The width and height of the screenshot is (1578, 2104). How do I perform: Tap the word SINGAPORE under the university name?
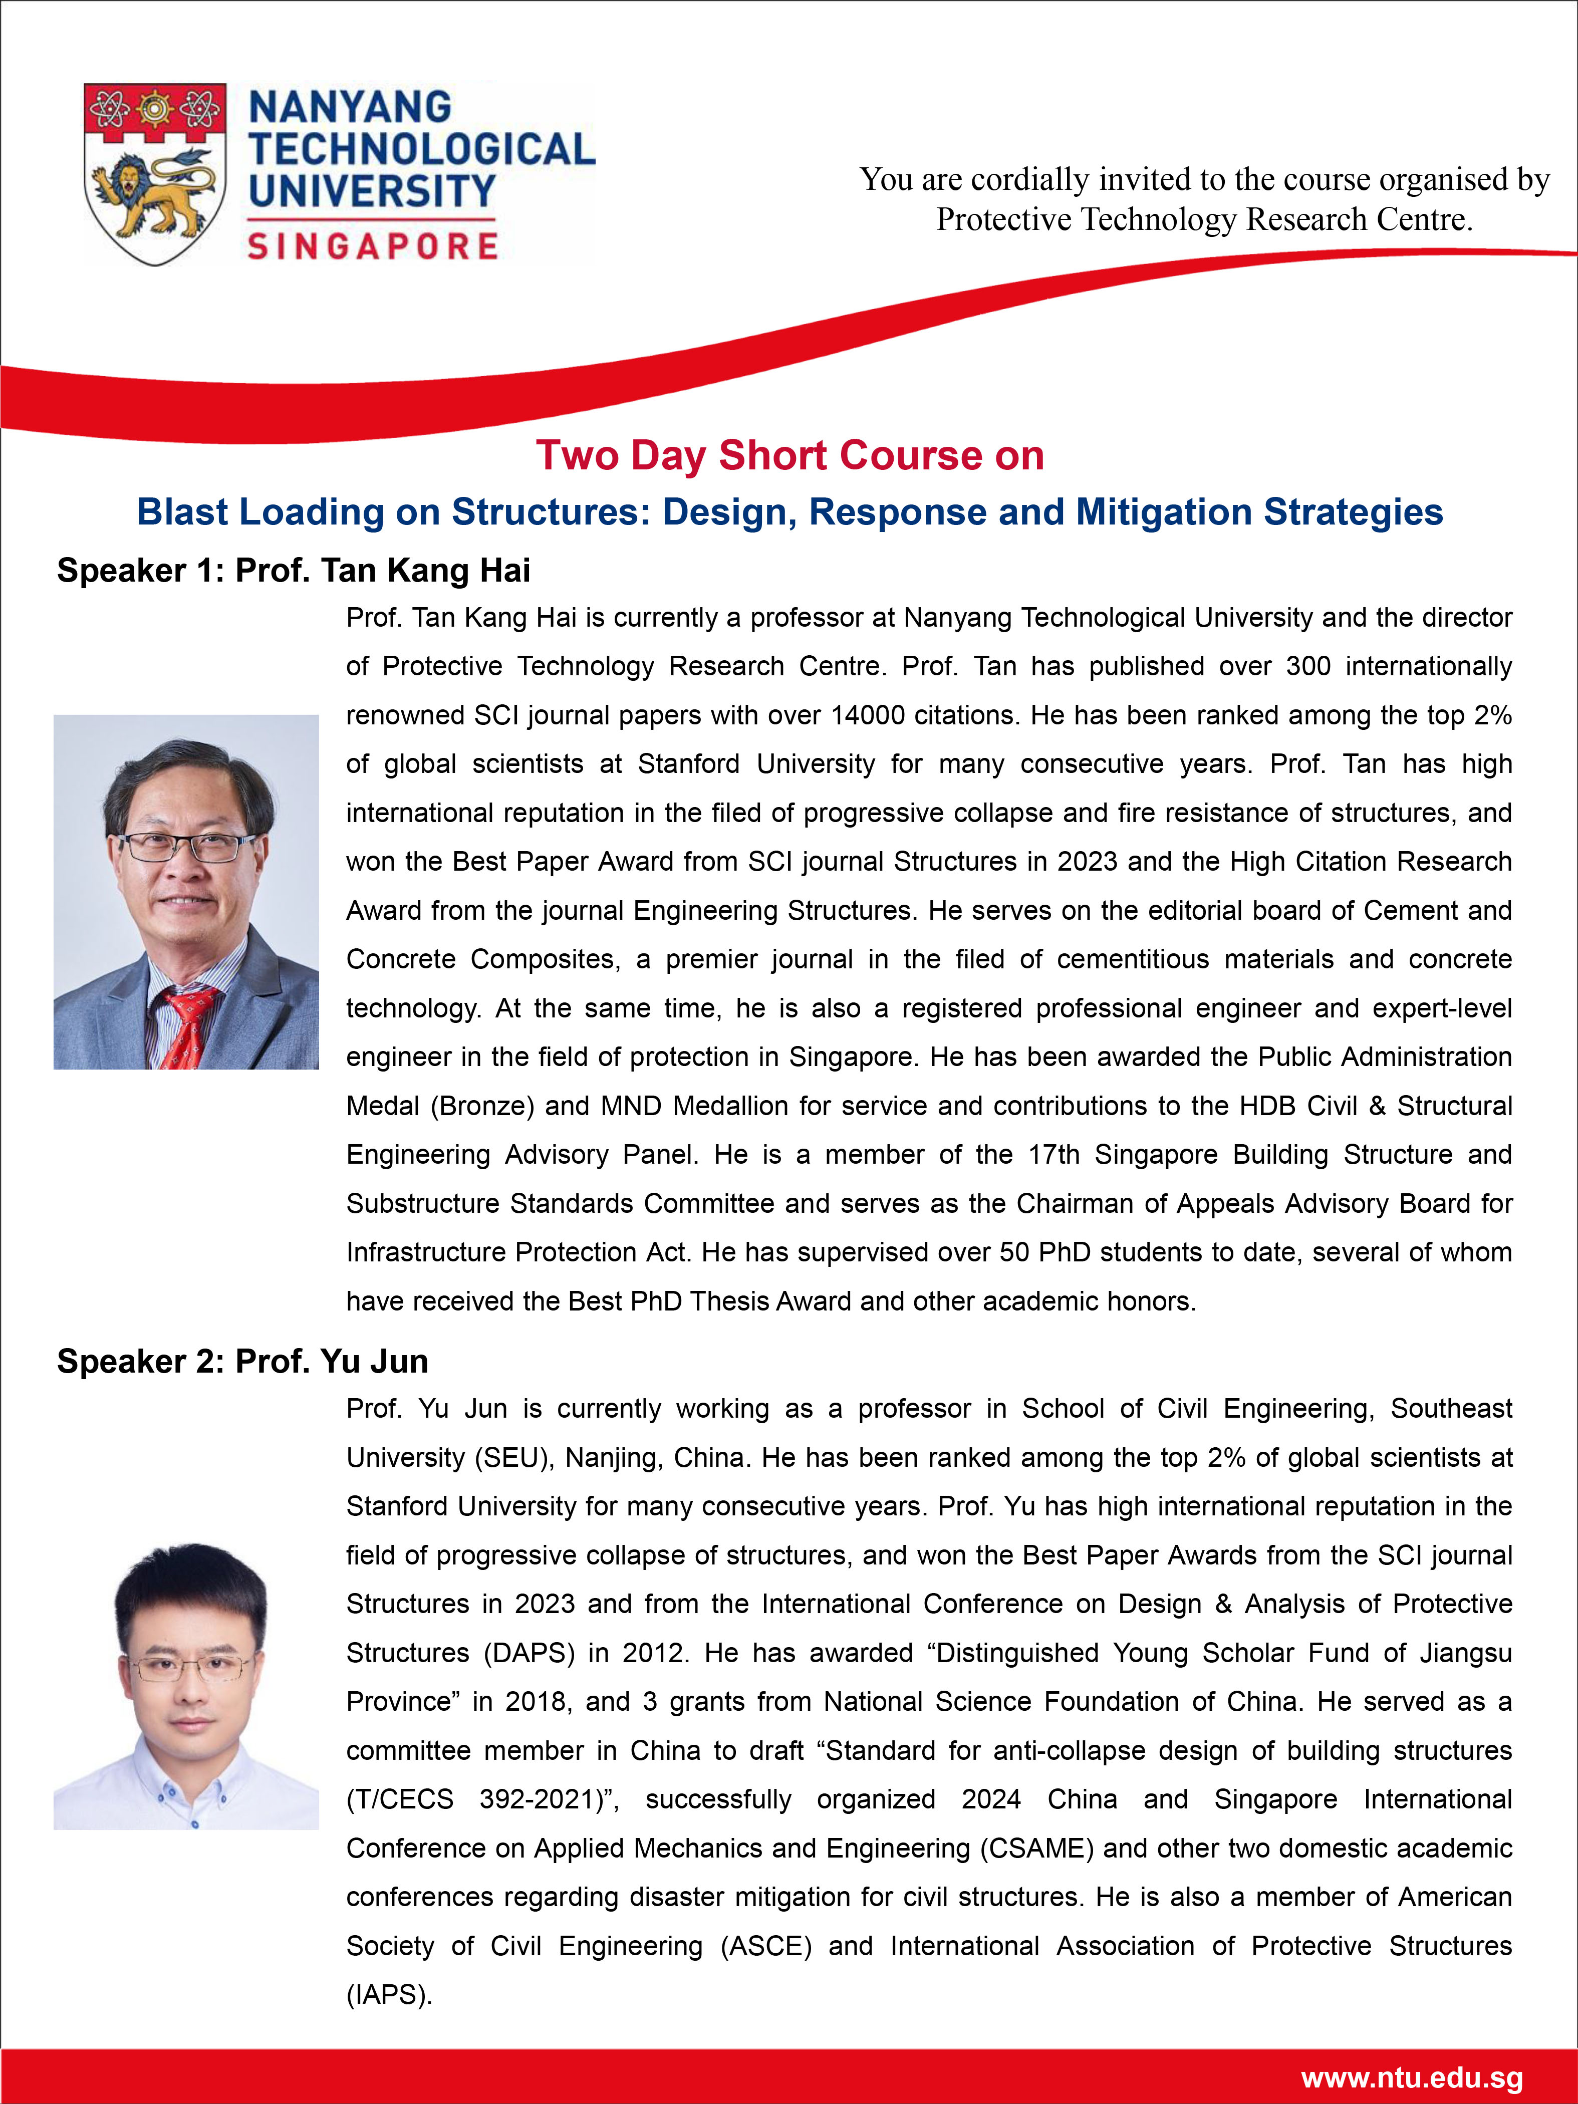pos(372,246)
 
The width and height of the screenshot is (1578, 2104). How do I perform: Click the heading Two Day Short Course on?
pos(790,455)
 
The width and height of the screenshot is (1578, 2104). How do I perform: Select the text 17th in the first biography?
pos(1054,1154)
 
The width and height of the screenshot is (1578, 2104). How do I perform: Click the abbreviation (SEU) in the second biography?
pos(513,1457)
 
